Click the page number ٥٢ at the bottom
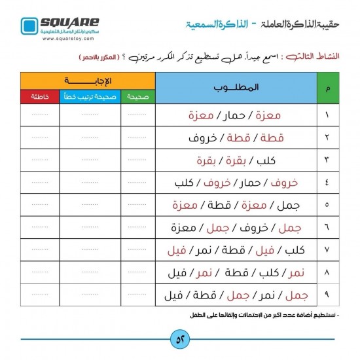179,340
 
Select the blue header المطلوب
236,87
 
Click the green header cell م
327,88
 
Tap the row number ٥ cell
327,206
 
